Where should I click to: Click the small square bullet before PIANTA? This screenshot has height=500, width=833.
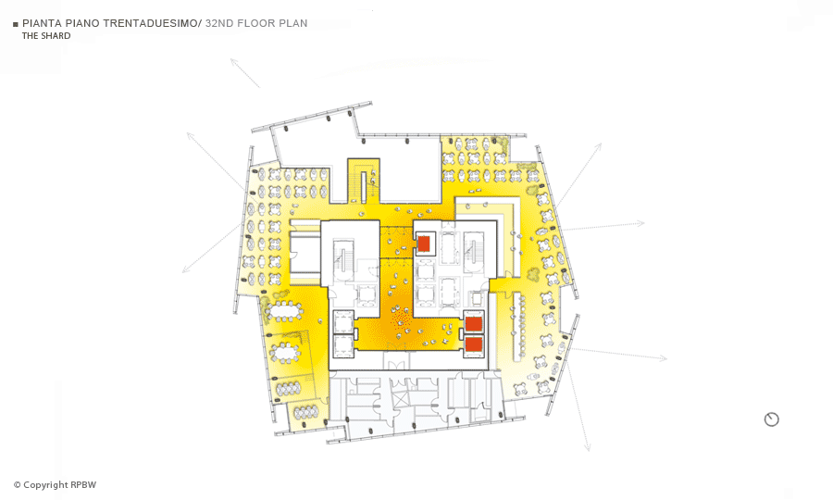pos(16,24)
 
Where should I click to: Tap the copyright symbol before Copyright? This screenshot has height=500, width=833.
pos(17,484)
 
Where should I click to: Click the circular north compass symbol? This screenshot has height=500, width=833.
pos(771,419)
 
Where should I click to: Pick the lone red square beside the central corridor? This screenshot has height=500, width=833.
pos(423,244)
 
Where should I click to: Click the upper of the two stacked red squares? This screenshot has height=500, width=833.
pos(473,323)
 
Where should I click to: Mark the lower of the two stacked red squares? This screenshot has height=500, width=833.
pos(473,344)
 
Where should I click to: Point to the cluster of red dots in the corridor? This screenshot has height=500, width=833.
pos(400,319)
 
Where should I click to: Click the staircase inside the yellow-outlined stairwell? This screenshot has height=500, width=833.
pos(365,186)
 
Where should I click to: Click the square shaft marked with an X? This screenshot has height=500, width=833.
pos(399,398)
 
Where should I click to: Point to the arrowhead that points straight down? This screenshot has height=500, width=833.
pos(588,448)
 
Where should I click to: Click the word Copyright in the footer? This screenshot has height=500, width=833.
pos(46,484)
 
